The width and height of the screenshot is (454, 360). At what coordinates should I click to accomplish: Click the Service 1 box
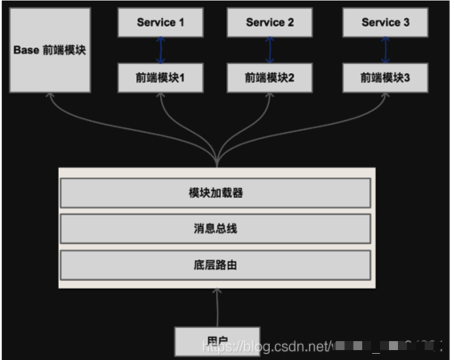tap(160, 22)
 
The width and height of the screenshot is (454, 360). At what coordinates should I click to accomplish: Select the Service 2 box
tap(270, 22)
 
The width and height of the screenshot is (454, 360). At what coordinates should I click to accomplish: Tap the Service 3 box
tap(385, 22)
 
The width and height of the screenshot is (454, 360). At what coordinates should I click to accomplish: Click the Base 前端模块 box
tap(50, 50)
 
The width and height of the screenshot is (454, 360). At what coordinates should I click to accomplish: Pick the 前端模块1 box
tap(160, 78)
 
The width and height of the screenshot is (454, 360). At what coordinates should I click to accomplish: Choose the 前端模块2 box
tap(270, 78)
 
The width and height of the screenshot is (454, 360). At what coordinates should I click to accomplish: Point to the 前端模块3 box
tap(385, 78)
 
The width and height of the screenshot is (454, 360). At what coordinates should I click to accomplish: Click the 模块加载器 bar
tap(215, 193)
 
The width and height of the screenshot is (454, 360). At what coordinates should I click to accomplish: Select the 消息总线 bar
tap(215, 229)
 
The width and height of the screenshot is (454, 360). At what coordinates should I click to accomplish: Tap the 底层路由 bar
tap(215, 265)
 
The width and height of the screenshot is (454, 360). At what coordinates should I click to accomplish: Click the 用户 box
tap(217, 341)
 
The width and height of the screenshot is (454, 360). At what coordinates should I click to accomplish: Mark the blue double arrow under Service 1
tap(161, 50)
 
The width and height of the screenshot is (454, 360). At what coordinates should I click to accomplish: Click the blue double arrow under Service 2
tap(270, 50)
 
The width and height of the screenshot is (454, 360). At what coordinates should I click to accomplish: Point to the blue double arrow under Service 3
tap(385, 50)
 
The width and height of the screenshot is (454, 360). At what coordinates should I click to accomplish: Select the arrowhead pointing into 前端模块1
tap(161, 96)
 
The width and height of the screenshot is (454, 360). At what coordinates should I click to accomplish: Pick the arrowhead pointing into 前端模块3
tap(385, 96)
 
